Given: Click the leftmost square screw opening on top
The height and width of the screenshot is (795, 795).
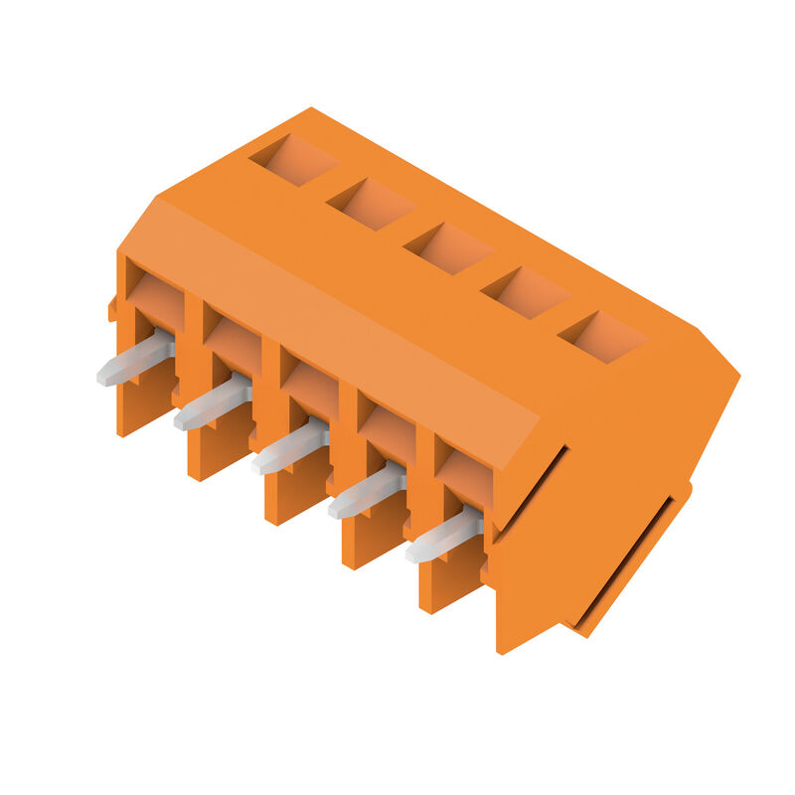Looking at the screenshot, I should pyautogui.click(x=293, y=160).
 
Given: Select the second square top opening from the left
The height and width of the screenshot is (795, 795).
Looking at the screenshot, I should pyautogui.click(x=371, y=204).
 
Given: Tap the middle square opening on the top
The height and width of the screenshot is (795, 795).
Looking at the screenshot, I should pyautogui.click(x=448, y=247).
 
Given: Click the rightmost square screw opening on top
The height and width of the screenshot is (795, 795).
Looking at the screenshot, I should pyautogui.click(x=602, y=336).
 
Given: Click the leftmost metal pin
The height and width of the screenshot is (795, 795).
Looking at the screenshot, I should pyautogui.click(x=134, y=361).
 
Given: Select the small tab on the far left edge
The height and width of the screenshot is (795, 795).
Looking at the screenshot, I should pyautogui.click(x=113, y=308).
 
